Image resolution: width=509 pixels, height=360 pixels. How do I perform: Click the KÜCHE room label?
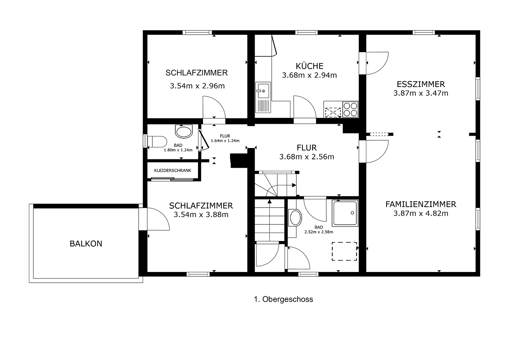(x=309, y=66)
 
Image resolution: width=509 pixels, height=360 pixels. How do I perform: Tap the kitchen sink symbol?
(x=263, y=91)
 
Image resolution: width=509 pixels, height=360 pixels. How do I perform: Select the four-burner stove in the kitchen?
(x=350, y=109)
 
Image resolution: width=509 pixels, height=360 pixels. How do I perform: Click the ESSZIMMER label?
(x=421, y=84)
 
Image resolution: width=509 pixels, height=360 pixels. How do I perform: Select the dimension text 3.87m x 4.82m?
(x=421, y=213)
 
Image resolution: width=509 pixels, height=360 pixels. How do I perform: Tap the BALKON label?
(x=86, y=244)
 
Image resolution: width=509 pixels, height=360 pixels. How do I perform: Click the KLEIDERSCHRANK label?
(x=173, y=170)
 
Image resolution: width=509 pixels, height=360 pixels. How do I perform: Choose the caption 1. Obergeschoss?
(x=283, y=299)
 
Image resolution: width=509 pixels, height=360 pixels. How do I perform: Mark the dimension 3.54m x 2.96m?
(x=197, y=86)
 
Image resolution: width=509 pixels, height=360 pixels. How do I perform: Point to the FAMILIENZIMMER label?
(x=421, y=204)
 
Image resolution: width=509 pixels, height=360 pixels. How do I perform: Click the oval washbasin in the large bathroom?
(x=295, y=218)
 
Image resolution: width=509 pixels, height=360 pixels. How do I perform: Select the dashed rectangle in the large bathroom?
(x=344, y=251)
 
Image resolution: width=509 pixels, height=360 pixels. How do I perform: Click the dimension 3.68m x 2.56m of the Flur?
(x=307, y=157)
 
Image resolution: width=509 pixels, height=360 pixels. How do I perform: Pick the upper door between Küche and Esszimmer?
(x=377, y=63)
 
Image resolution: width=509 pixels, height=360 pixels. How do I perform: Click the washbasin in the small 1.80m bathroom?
(x=184, y=131)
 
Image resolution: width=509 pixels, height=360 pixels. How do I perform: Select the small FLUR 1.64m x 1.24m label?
(x=225, y=138)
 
